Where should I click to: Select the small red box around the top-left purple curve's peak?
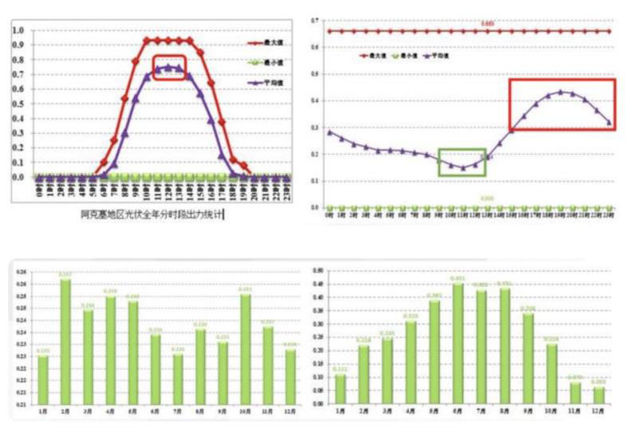(x=169, y=67)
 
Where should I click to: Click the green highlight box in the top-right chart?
(x=461, y=162)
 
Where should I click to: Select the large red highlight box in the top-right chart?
(x=562, y=104)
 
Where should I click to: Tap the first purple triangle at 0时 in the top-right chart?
(x=330, y=132)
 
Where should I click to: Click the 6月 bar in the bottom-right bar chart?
(x=458, y=343)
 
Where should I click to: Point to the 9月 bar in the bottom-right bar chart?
(x=528, y=358)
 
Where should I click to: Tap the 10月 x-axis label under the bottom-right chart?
(x=552, y=411)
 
